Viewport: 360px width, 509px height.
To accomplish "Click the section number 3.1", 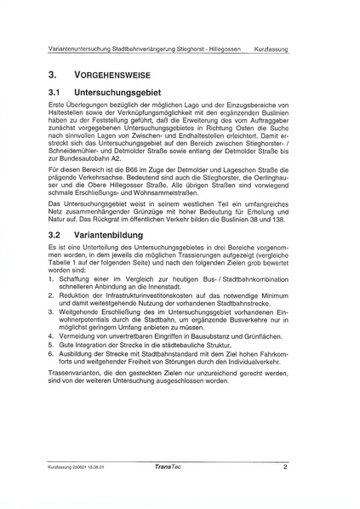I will [x=56, y=91].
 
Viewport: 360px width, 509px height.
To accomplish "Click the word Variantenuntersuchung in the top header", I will [x=83, y=49].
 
